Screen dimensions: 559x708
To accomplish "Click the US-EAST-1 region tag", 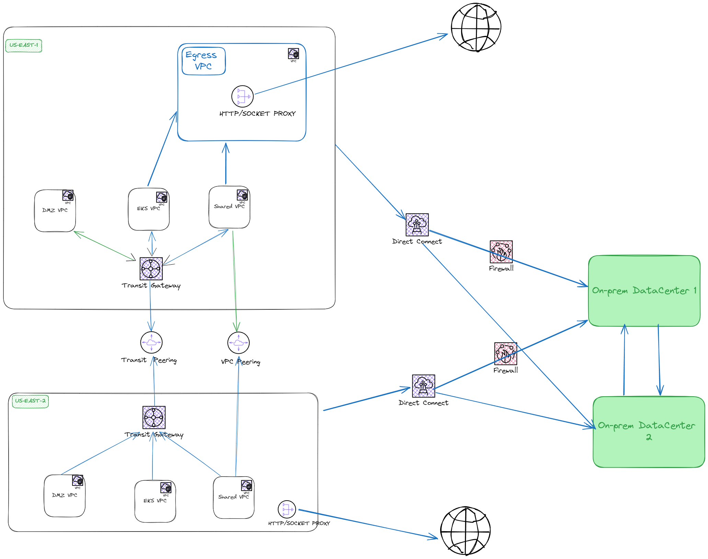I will [x=24, y=46].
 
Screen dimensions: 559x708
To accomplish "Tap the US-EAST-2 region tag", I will [x=30, y=401].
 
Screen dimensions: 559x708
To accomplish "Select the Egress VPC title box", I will [x=204, y=61].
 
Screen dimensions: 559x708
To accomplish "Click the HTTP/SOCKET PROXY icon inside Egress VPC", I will [x=242, y=96].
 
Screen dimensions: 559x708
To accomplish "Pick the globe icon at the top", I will [x=476, y=27].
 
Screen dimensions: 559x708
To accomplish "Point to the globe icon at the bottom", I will [x=466, y=531].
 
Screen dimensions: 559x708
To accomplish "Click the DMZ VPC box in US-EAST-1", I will [x=55, y=211].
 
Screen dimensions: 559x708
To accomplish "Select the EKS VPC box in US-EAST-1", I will [x=149, y=209].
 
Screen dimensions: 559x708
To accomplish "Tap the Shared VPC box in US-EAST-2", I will [x=233, y=498].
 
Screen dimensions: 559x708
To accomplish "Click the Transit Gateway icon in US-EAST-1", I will [x=151, y=269].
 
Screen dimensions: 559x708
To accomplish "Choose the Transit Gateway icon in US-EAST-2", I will [x=154, y=417].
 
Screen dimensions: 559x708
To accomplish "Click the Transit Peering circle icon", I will [x=151, y=342].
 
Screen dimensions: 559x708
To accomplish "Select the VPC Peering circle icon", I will [x=238, y=343].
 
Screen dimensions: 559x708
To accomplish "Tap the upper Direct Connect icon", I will [x=417, y=225].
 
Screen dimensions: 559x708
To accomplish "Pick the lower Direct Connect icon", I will [x=423, y=386].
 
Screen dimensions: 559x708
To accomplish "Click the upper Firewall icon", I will [x=501, y=252].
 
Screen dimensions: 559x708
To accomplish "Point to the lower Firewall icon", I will [x=505, y=354].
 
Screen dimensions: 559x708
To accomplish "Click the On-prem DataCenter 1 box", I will [x=644, y=291].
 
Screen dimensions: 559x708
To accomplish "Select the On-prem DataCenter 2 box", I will [x=649, y=432].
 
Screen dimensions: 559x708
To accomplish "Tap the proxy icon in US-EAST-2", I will [x=287, y=510].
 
